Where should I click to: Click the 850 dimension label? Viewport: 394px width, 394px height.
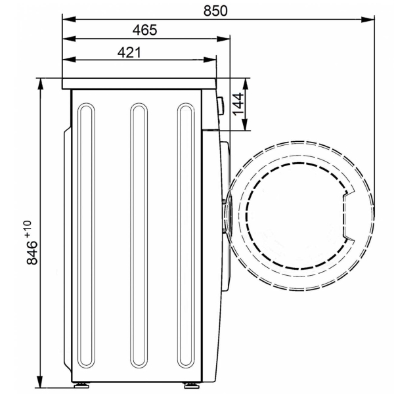click(215, 11)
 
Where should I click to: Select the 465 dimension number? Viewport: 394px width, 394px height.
click(144, 30)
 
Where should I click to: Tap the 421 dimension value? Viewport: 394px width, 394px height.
click(129, 53)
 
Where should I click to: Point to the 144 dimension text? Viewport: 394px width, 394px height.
click(238, 104)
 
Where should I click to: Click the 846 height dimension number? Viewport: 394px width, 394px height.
click(32, 253)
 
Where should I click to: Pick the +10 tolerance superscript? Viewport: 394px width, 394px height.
click(28, 229)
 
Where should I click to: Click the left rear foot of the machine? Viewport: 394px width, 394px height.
click(82, 385)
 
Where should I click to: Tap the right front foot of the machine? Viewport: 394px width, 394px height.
click(192, 385)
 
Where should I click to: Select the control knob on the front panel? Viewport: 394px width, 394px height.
click(221, 106)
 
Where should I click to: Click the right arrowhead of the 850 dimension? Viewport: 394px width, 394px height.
click(368, 19)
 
